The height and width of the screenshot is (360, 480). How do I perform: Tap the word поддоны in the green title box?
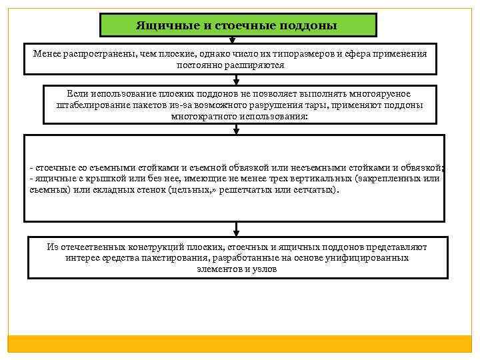tap(311, 25)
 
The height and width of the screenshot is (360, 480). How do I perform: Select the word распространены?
tap(97, 53)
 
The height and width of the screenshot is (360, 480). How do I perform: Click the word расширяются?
tap(258, 65)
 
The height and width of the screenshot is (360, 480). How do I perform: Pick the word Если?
tap(77, 93)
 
